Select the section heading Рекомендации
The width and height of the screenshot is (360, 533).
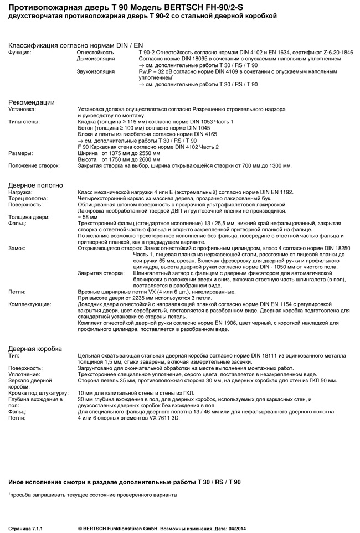tap(31, 102)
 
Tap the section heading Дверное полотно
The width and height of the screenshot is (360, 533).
tap(35, 185)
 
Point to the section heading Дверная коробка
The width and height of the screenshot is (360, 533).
tap(35, 348)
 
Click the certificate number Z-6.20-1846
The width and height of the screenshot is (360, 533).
tap(334, 51)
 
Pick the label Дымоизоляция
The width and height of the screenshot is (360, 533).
tap(95, 58)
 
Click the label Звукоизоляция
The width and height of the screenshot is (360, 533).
tap(95, 71)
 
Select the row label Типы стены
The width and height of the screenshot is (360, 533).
tap(25, 122)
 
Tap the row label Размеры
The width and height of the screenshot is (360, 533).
tap(22, 153)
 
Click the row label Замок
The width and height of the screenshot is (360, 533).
tap(17, 249)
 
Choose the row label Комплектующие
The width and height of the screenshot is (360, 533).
tap(30, 304)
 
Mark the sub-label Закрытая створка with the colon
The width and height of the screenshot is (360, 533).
tap(101, 273)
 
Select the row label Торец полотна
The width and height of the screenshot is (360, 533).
tap(28, 198)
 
